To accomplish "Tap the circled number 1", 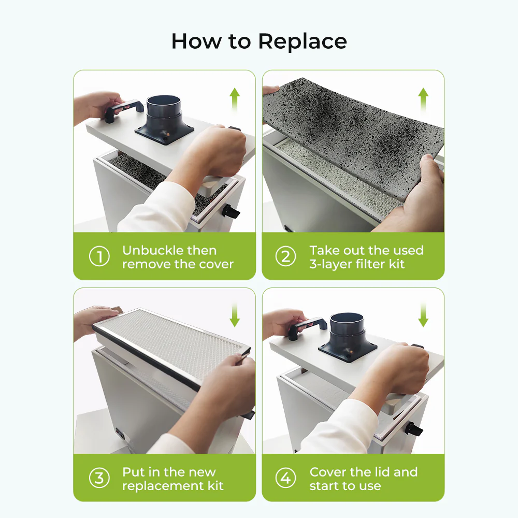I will (x=99, y=257).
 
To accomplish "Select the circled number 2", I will (x=285, y=257).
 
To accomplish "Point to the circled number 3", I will (x=99, y=478).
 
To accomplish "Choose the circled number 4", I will (x=285, y=478).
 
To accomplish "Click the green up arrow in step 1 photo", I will (x=235, y=98).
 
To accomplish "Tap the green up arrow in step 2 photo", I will (x=423, y=98).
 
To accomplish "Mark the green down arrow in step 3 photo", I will (x=235, y=315).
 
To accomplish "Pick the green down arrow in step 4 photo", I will (x=423, y=315).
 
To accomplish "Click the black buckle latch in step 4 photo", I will (x=414, y=429).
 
